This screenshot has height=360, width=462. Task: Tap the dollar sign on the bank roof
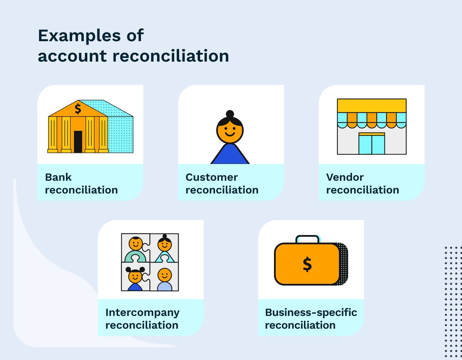pos(78,109)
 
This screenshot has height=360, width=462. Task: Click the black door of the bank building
pos(78,141)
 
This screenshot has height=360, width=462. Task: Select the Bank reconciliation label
pos(81,183)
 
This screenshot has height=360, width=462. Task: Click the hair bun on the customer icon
pos(230,114)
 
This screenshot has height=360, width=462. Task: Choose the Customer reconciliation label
pos(222,183)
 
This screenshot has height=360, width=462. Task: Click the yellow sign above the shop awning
pos(372,105)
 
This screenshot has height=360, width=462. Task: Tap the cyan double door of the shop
pos(372,145)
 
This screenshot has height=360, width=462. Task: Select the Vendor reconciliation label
pos(363,183)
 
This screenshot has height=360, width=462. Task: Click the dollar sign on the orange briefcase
pos(307,264)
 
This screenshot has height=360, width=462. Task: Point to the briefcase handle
pos(308,238)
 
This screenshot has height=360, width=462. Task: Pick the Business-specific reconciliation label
pos(311,318)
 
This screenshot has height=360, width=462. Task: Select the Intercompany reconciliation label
pos(142,318)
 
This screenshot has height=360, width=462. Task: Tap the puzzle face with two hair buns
pos(135,276)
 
